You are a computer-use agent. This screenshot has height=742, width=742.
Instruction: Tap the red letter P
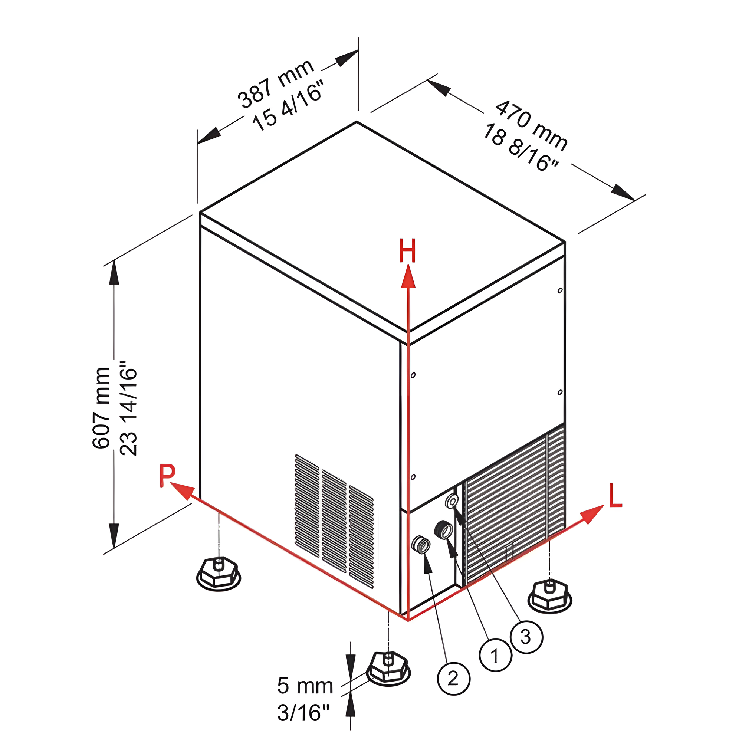coord(167,476)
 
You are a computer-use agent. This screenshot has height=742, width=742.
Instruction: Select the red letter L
coord(615,496)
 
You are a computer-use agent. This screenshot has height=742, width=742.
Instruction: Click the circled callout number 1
coord(495,655)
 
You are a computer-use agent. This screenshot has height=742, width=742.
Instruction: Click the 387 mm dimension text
coord(276,84)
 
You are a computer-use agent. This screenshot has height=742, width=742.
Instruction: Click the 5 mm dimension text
coord(305,686)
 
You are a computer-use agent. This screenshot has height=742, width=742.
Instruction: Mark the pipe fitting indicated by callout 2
coord(421,544)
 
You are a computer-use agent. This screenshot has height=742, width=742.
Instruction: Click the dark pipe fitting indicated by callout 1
coord(443,531)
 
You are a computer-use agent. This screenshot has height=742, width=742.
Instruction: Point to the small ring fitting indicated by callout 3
coord(452,501)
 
